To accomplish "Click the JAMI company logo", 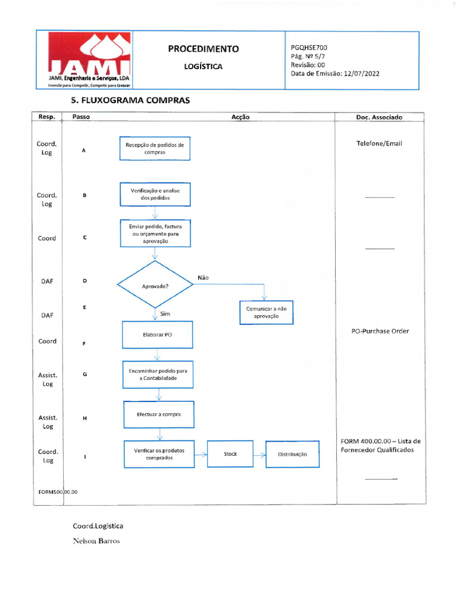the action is (x=89, y=60).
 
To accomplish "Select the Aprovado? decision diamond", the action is (x=155, y=284).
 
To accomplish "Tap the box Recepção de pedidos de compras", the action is (x=155, y=148).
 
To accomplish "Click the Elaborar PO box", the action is (x=157, y=335).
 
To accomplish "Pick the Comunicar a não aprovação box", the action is (x=266, y=312).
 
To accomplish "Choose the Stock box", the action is (x=230, y=453).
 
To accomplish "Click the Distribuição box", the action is (x=292, y=454).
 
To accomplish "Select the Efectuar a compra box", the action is (x=158, y=415).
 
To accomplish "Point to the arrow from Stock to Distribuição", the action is (x=259, y=455).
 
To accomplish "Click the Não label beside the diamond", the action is (x=203, y=278).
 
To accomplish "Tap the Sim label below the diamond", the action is (x=165, y=313).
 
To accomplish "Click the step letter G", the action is (x=84, y=374).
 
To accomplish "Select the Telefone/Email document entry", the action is (x=379, y=144).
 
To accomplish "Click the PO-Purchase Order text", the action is (x=380, y=331).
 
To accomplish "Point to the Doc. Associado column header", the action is (x=379, y=117).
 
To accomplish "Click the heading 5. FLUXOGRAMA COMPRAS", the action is (x=130, y=100).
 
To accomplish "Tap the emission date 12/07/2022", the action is (x=361, y=73).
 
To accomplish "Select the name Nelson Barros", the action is (x=96, y=541).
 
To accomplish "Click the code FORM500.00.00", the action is (x=58, y=492).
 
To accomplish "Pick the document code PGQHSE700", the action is (x=309, y=48).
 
